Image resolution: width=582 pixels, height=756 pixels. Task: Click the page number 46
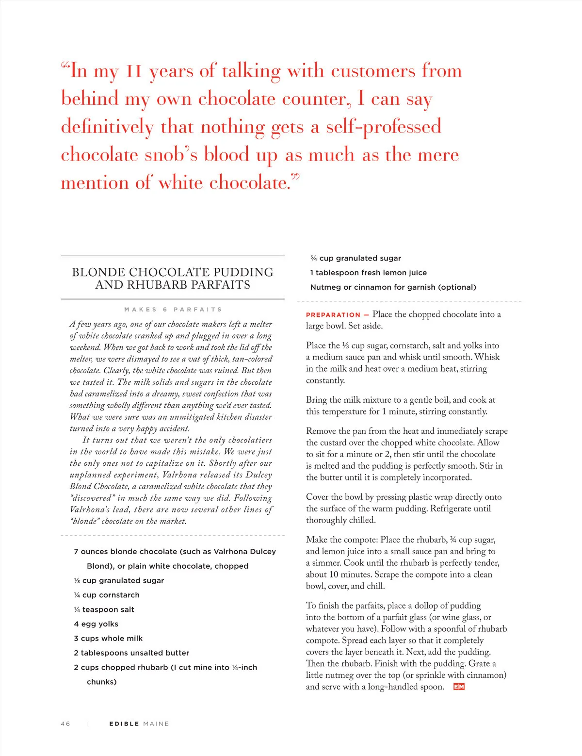pyautogui.click(x=65, y=723)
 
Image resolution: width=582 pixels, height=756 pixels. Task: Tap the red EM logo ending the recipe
pyautogui.click(x=459, y=687)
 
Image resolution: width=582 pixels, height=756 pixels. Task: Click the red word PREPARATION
pyautogui.click(x=333, y=315)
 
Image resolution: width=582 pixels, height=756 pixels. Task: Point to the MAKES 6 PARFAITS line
pyautogui.click(x=173, y=310)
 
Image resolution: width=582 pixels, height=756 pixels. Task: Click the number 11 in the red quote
pyautogui.click(x=134, y=71)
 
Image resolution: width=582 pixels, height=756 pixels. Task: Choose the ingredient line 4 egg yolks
pyautogui.click(x=96, y=624)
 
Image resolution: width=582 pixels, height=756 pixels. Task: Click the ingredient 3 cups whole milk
pyautogui.click(x=108, y=639)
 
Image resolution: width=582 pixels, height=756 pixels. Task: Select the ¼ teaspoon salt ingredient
pyautogui.click(x=104, y=609)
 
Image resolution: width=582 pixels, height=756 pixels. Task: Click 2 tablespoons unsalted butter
pyautogui.click(x=131, y=653)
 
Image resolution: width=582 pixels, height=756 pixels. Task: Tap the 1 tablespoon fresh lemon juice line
pyautogui.click(x=369, y=273)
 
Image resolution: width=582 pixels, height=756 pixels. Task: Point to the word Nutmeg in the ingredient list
pyautogui.click(x=325, y=287)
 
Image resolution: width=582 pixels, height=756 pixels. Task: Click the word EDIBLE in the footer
pyautogui.click(x=124, y=723)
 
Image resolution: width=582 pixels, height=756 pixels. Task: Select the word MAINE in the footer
pyautogui.click(x=156, y=723)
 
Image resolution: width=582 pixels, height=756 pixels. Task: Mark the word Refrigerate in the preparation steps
pyautogui.click(x=455, y=509)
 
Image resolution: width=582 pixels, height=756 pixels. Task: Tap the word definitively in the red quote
pyautogui.click(x=107, y=127)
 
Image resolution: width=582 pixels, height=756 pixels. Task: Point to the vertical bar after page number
pyautogui.click(x=88, y=723)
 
